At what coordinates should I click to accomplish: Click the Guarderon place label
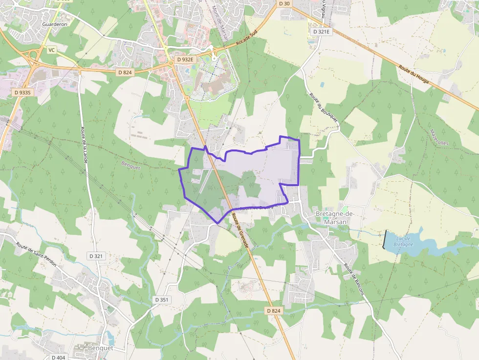coord(55,23)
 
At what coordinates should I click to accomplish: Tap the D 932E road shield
coord(185,60)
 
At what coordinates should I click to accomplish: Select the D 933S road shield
coord(22,92)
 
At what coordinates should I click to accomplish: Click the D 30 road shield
coord(284,4)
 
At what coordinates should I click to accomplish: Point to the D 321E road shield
coord(322,32)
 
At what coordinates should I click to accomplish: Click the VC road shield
coord(52,50)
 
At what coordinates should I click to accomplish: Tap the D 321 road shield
coord(97,256)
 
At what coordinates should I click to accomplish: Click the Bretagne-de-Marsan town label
coord(334,218)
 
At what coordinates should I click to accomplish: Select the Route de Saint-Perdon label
coord(36,254)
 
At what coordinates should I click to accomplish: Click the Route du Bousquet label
coord(318,107)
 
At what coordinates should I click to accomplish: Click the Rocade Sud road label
coord(246,41)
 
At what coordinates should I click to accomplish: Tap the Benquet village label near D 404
coord(101,348)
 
